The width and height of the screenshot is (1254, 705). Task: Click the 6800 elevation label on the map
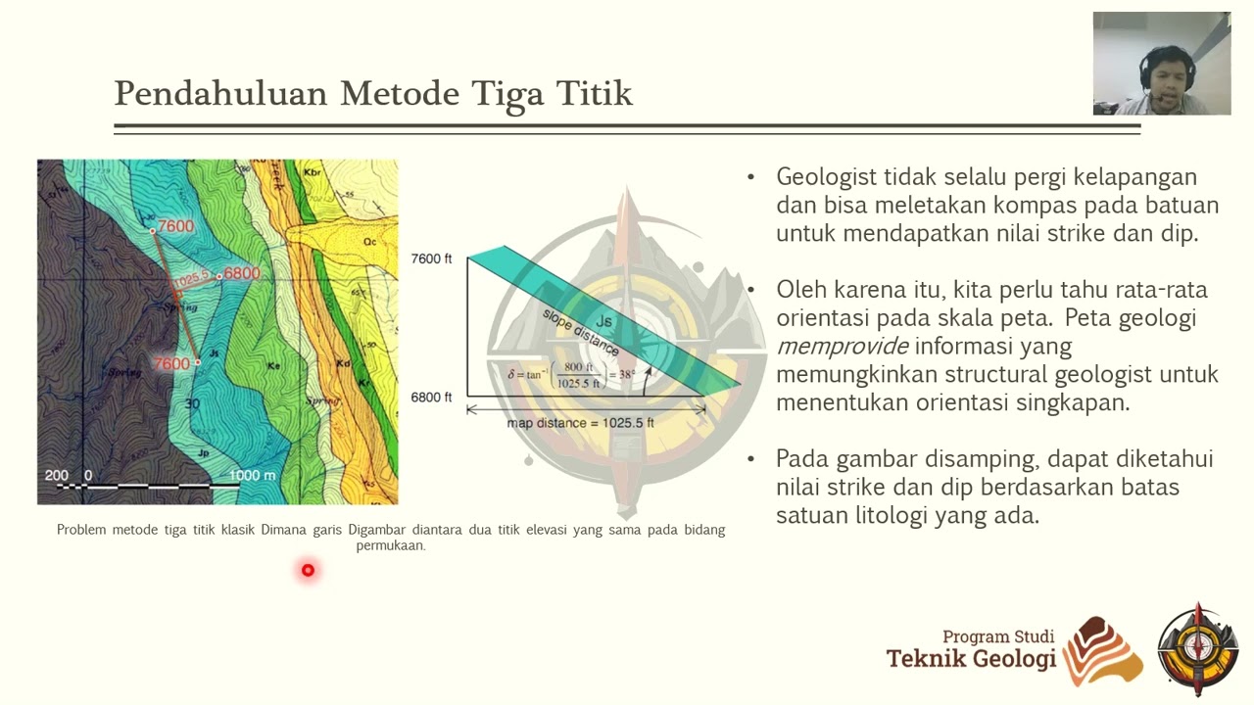(x=242, y=273)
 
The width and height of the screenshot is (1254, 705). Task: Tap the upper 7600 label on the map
(x=176, y=226)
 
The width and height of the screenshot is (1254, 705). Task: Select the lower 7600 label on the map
(x=171, y=363)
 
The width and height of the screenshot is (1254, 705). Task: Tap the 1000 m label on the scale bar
(x=252, y=476)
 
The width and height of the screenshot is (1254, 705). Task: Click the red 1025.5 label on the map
(x=192, y=279)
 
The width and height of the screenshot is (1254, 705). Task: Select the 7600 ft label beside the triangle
(x=431, y=258)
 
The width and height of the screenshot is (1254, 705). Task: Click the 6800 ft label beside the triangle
(x=431, y=397)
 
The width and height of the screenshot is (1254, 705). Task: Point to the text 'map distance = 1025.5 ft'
(x=580, y=423)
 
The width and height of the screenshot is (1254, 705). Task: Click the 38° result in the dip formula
(x=623, y=373)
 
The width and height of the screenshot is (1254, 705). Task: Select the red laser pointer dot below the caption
(x=308, y=570)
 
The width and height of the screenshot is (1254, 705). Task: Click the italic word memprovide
(x=843, y=346)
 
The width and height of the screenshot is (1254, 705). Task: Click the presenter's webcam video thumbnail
(x=1161, y=64)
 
